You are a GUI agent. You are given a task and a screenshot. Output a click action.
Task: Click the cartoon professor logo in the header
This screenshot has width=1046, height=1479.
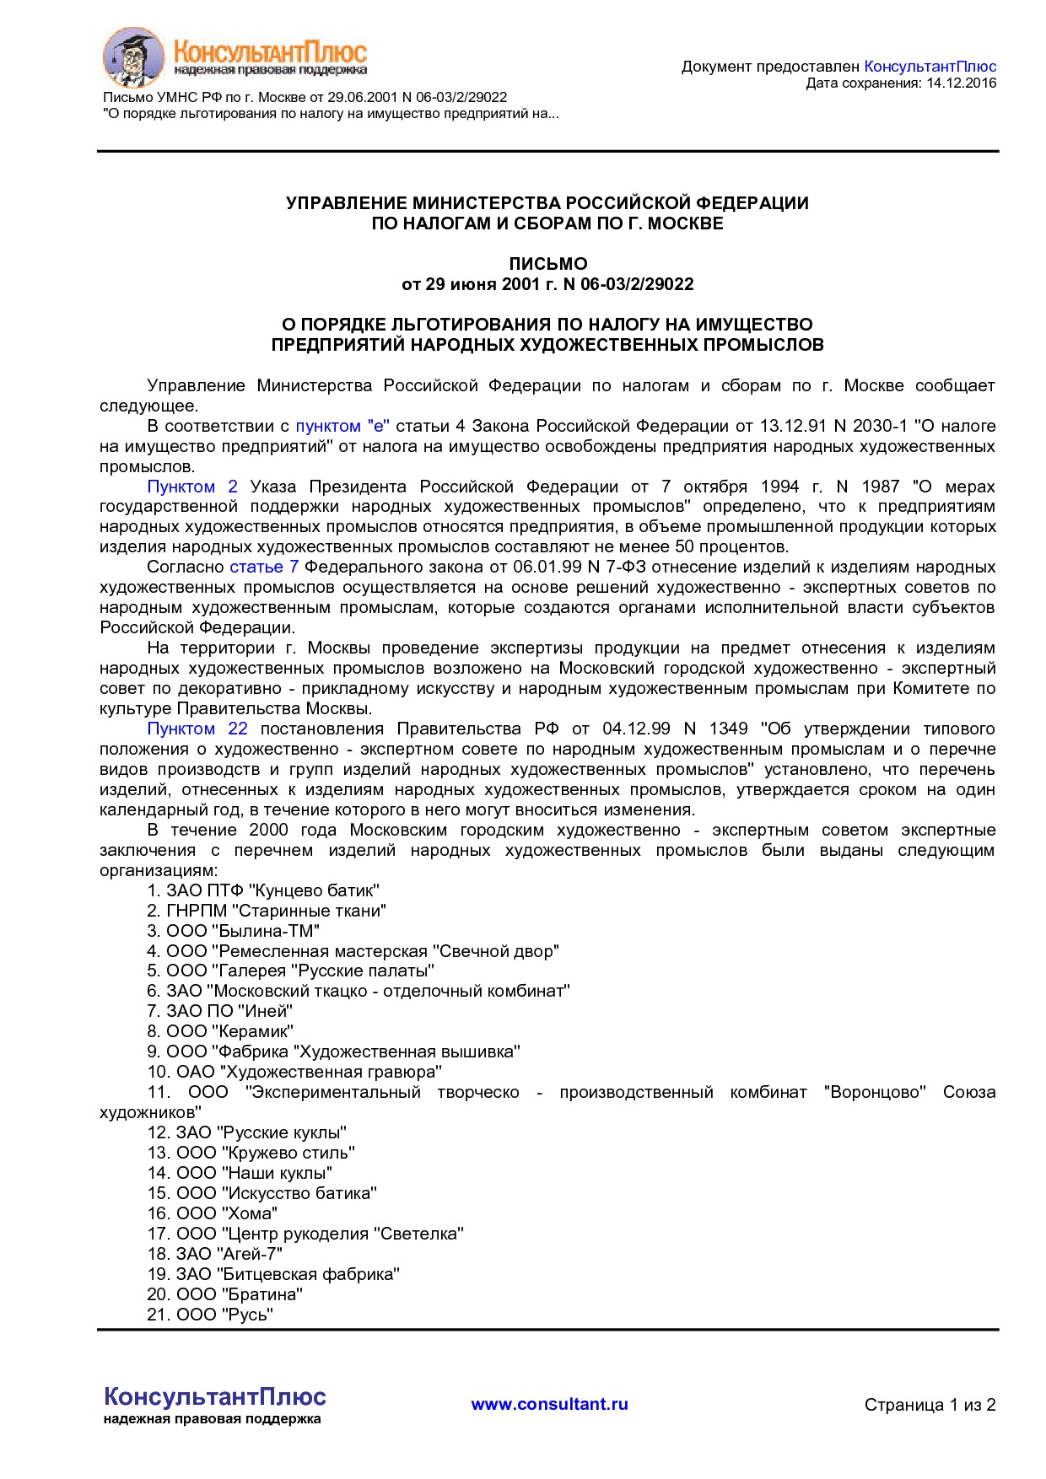pos(132,56)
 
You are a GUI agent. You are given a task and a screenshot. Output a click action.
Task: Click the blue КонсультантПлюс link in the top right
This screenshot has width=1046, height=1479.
pos(930,67)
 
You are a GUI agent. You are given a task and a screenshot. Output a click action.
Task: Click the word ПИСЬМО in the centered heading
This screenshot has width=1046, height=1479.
pos(547,264)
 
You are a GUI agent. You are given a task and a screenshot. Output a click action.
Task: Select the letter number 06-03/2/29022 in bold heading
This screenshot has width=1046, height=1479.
pos(637,284)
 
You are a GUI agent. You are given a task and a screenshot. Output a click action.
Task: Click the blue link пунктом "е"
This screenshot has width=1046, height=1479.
pos(342,426)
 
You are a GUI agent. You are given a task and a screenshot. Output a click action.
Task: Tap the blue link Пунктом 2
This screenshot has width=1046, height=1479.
pos(192,487)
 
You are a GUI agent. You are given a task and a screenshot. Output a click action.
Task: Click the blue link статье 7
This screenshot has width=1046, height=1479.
pos(264,567)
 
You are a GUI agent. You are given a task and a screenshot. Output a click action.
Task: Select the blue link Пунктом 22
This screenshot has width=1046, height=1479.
pos(197,729)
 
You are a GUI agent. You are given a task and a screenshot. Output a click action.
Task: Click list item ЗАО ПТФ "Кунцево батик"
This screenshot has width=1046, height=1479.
pos(263,890)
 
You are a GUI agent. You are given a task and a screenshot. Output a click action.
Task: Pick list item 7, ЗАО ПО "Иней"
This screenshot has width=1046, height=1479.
pos(219,1011)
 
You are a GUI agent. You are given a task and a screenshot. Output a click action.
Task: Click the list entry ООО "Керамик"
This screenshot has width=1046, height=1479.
pos(220,1031)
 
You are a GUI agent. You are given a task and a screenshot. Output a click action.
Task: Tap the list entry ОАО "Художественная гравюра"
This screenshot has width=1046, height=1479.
pos(294,1072)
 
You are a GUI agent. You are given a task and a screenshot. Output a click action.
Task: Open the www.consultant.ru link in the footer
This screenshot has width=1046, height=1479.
pos(549,1404)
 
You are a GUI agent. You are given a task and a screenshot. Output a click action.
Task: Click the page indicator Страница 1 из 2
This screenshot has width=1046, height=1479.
pos(930,1405)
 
